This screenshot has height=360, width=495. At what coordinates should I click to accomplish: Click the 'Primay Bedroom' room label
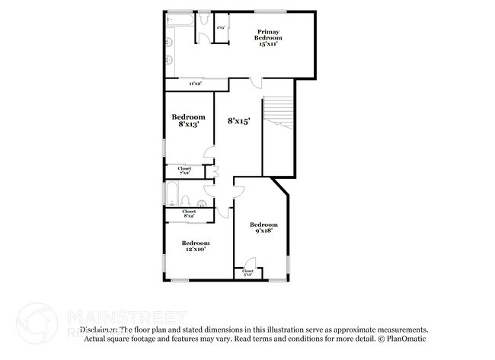[x=267, y=38]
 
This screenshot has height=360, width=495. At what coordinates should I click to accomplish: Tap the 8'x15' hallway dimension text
[x=239, y=120]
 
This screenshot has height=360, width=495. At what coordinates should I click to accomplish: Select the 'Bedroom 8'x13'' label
[x=189, y=120]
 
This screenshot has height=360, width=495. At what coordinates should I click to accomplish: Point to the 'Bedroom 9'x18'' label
[x=264, y=228]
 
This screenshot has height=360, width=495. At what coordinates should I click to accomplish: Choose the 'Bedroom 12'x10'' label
[x=194, y=245]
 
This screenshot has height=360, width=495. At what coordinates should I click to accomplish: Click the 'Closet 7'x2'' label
[x=184, y=170]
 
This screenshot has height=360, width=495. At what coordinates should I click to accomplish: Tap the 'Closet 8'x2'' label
[x=189, y=213]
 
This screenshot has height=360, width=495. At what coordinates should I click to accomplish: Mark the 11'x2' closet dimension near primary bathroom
[x=195, y=84]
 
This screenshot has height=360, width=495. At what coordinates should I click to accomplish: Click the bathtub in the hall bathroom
[x=171, y=195]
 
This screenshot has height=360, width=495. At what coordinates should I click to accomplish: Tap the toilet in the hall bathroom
[x=200, y=202]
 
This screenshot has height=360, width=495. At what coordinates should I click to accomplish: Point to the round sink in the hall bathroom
[x=186, y=202]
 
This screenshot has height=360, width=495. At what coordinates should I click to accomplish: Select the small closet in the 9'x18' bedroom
[x=247, y=272]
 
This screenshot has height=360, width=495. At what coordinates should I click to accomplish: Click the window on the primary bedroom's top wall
[x=270, y=11]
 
